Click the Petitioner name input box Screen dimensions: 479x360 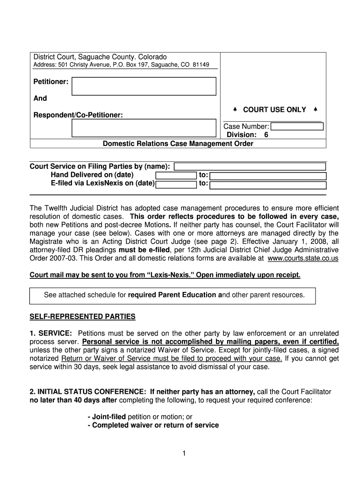point(144,86)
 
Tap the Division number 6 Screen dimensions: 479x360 point(266,135)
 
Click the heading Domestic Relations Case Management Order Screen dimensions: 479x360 point(178,144)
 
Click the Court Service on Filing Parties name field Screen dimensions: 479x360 point(250,167)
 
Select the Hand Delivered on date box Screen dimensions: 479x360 point(175,175)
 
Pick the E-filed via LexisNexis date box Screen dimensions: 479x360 point(175,184)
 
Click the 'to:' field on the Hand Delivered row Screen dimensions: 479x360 point(267,175)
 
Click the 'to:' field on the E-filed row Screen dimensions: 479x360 point(267,184)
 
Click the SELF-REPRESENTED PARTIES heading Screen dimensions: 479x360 point(82,317)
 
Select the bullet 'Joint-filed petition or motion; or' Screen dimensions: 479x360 point(140,416)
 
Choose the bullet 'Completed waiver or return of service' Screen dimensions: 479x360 point(153,425)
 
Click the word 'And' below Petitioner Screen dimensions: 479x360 point(40,99)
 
